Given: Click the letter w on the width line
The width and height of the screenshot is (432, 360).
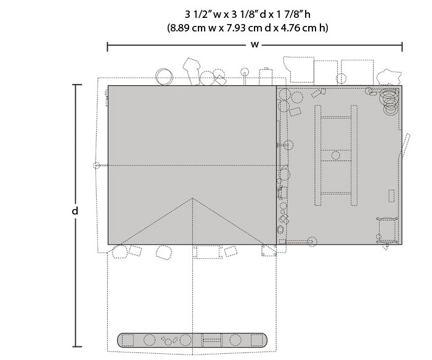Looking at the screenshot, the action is click(x=255, y=44).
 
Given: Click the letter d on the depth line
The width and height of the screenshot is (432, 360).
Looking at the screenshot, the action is click(x=75, y=211).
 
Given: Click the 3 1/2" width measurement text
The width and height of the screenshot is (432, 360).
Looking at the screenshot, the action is click(x=198, y=14).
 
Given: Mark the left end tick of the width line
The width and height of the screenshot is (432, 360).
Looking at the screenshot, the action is click(x=107, y=47).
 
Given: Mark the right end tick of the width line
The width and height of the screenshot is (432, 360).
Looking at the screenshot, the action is click(x=402, y=47).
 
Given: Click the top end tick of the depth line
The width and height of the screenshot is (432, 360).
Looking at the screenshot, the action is click(x=77, y=85).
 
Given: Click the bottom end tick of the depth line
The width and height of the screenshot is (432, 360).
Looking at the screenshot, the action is click(x=77, y=346).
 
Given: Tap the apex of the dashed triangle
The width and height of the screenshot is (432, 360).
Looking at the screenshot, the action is click(x=192, y=198).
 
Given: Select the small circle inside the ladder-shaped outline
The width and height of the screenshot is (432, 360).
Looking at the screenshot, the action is click(x=336, y=155).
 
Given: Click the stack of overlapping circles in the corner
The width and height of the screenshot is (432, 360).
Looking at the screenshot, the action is click(x=389, y=100).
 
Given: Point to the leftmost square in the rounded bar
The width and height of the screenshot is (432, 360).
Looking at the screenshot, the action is click(x=128, y=340).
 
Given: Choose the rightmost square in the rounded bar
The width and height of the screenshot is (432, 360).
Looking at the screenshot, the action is click(x=256, y=340).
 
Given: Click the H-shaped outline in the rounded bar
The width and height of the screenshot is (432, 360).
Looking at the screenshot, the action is click(x=211, y=340).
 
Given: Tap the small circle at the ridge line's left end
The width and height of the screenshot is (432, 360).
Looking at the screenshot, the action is click(x=96, y=165).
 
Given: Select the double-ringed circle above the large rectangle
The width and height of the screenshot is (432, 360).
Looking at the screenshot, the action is click(x=164, y=76).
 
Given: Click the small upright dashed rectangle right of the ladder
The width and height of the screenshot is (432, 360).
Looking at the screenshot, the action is click(x=391, y=195).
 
